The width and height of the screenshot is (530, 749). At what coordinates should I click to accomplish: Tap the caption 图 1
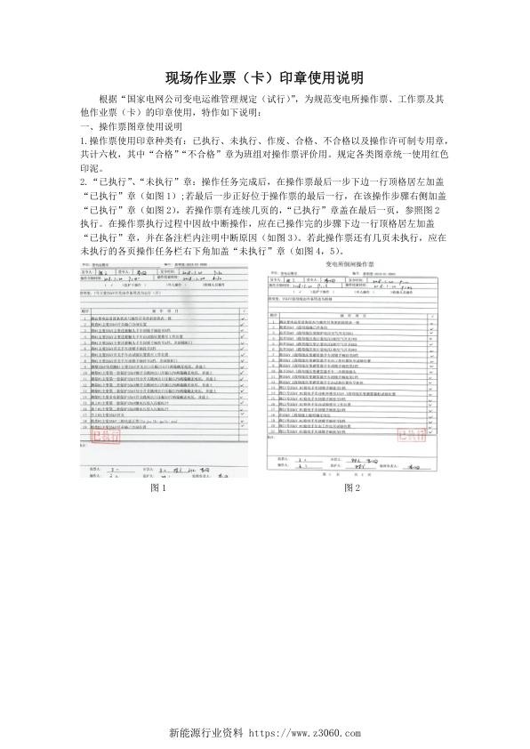pyautogui.click(x=161, y=488)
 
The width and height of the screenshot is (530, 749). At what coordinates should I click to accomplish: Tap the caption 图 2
pyautogui.click(x=352, y=488)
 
